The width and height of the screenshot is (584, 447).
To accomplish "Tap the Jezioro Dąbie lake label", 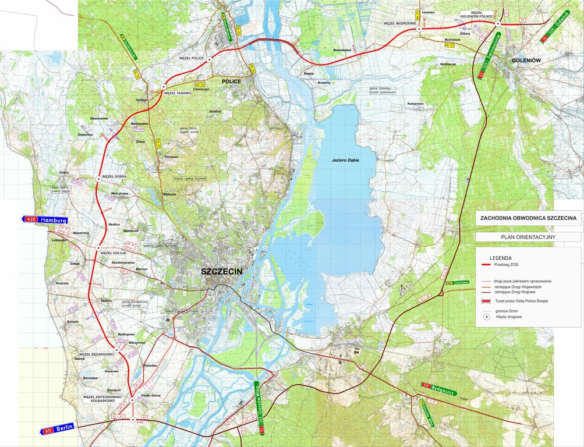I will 344,160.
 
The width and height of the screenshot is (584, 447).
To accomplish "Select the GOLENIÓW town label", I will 527,60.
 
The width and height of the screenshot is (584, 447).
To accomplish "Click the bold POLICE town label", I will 231,82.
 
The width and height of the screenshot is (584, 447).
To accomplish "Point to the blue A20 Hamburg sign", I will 45,219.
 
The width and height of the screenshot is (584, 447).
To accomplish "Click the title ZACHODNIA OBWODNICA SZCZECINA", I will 528,218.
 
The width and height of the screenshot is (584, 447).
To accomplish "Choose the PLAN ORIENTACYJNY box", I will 528,237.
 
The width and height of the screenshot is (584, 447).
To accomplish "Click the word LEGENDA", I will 501,257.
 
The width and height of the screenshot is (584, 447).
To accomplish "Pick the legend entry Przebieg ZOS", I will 506,265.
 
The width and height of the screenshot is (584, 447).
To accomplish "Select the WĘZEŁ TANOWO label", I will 178,93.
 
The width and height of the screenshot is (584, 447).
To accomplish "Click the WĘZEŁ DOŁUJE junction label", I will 114,253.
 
